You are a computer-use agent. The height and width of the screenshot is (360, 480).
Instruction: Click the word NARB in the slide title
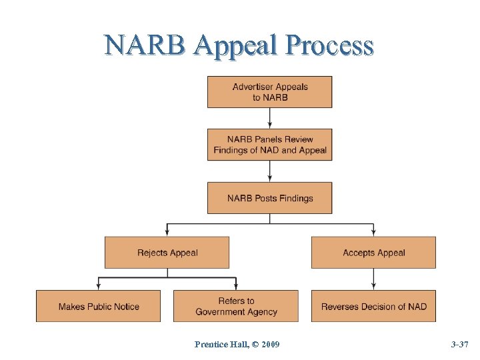(x=147, y=45)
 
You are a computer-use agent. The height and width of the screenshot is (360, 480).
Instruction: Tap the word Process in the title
(x=329, y=45)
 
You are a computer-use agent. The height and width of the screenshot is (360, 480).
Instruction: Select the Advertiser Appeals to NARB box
(x=269, y=92)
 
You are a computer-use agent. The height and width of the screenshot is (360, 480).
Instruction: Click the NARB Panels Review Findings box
(x=269, y=145)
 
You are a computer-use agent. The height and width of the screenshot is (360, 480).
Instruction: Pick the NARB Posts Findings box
(x=269, y=198)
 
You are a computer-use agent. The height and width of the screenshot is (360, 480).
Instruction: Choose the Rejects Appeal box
(x=167, y=253)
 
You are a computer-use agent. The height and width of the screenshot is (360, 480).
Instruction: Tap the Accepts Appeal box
(x=373, y=253)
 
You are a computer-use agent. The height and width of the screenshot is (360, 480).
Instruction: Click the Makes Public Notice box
(x=98, y=306)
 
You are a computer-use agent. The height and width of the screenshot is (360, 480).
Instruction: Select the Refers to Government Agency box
(x=235, y=306)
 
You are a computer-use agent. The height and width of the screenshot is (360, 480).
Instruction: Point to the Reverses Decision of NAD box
(x=373, y=306)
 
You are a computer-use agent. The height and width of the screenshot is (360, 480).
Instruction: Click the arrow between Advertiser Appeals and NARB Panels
(x=269, y=118)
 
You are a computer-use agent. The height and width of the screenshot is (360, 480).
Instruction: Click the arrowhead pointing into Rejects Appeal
(x=167, y=233)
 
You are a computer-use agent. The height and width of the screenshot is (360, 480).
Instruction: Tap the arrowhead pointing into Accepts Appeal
(x=373, y=233)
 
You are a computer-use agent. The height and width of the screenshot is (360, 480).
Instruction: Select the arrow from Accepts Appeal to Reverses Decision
(x=373, y=279)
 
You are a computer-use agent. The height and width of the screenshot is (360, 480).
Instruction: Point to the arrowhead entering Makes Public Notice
(x=98, y=286)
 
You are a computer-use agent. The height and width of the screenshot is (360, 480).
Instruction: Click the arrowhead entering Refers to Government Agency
(x=235, y=286)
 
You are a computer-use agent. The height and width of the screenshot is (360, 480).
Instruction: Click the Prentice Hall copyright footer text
(x=237, y=344)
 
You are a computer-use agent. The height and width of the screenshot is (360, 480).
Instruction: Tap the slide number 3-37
(x=460, y=344)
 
